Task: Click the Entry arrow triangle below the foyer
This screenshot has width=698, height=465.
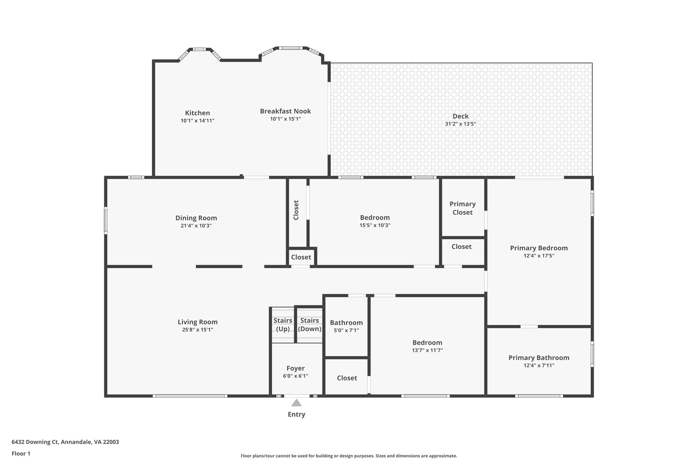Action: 296,403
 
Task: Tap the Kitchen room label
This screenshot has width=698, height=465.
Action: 197,113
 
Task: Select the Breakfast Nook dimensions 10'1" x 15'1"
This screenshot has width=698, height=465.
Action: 285,119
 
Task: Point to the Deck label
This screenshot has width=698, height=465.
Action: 460,116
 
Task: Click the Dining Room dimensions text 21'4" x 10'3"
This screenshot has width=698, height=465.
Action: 196,226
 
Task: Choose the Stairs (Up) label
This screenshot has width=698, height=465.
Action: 283,325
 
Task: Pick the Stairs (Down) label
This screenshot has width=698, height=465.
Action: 309,325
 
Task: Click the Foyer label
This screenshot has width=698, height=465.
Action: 295,368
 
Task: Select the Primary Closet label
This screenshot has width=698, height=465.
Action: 462,208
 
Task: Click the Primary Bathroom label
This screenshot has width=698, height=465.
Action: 539,358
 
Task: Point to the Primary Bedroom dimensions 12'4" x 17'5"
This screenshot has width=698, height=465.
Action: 539,256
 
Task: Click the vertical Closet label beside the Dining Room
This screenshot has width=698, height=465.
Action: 296,210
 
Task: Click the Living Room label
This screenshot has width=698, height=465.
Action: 197,322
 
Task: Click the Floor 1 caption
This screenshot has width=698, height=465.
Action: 21,453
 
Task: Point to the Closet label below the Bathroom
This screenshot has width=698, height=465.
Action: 347,378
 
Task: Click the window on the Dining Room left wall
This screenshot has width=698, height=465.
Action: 106,220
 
